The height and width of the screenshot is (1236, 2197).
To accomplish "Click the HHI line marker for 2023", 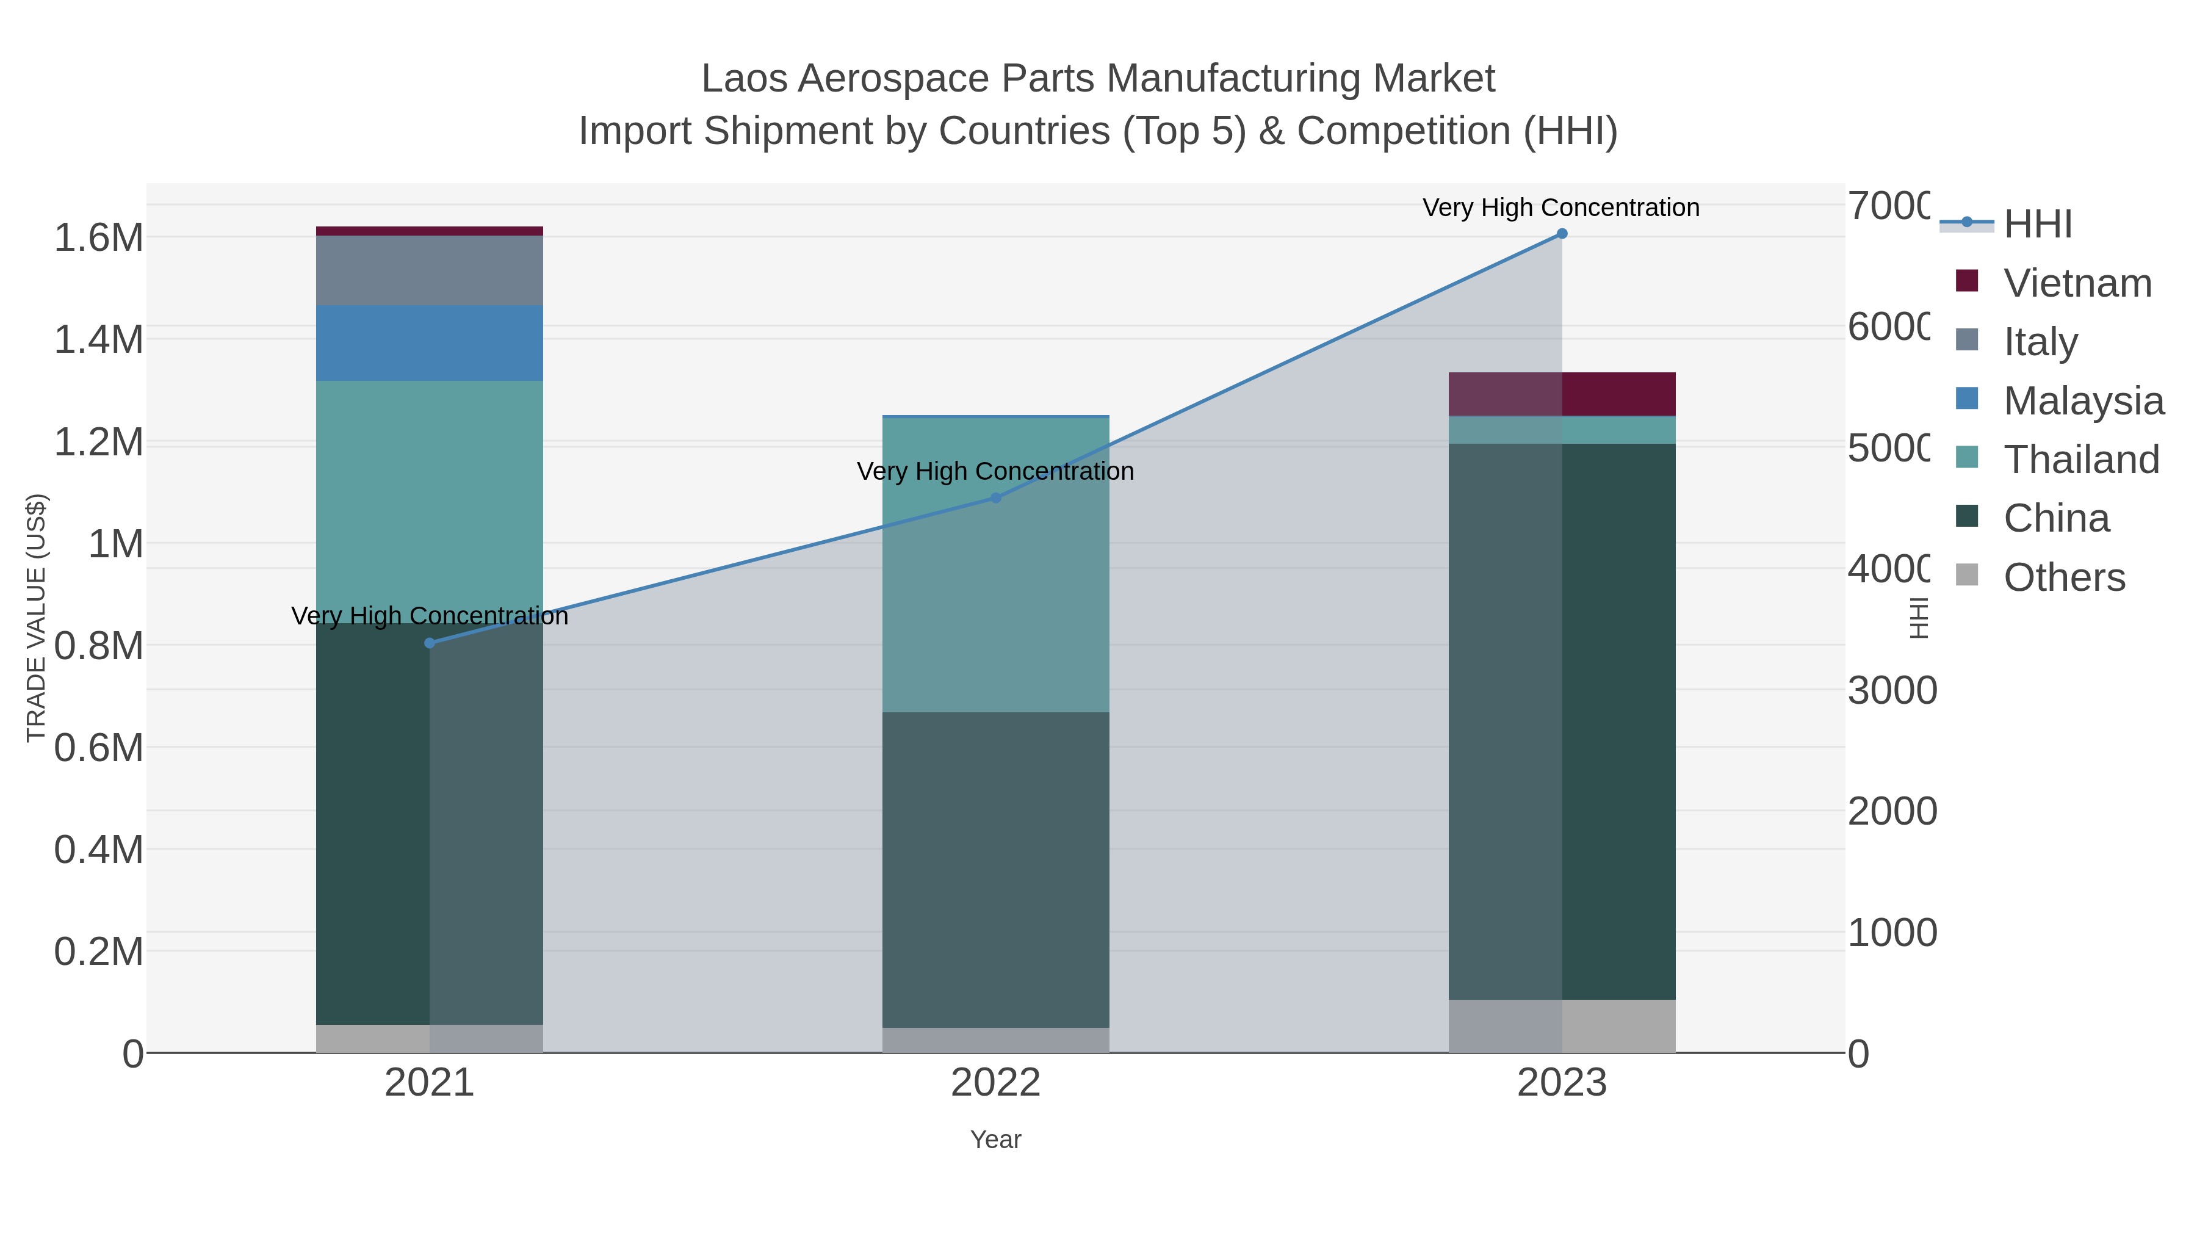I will [1562, 234].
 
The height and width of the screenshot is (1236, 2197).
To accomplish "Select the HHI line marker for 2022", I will [995, 498].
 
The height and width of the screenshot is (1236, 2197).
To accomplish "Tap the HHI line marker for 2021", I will [430, 643].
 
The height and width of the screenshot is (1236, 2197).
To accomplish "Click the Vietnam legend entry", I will [2077, 283].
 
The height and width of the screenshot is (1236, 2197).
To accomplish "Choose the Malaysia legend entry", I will [2083, 401].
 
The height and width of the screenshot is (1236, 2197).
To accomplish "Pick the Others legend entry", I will [2064, 577].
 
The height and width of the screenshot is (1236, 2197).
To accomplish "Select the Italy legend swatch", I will [1967, 339].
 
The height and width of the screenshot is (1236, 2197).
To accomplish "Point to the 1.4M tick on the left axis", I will [99, 339].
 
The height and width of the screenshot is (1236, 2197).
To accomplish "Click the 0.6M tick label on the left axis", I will [99, 748].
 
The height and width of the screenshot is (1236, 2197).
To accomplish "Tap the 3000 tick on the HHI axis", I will [1892, 690].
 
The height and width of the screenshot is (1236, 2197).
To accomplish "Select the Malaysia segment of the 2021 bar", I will [430, 343].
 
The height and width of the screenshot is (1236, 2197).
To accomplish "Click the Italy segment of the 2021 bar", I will [430, 270].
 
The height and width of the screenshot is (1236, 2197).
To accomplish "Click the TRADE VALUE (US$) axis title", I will [36, 618].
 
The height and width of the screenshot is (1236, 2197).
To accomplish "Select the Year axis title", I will [995, 1140].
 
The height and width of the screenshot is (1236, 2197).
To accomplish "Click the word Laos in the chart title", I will [744, 79].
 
